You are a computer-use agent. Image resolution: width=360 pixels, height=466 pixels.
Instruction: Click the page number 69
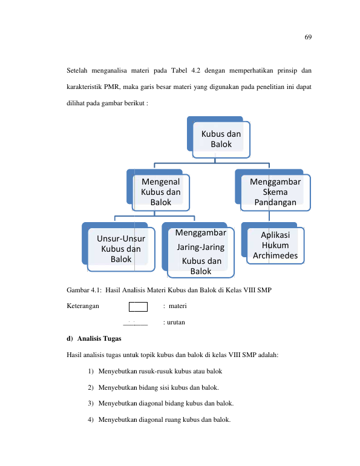point(308,37)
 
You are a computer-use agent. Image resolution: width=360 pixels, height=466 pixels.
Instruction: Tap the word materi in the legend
point(178,306)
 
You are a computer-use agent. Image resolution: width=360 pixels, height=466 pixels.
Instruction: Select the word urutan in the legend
point(176,323)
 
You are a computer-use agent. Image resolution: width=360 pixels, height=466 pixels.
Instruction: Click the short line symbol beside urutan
point(136,325)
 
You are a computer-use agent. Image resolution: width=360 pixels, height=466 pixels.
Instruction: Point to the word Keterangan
point(83,306)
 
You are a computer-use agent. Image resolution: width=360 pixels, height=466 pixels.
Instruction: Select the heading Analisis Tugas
point(99,338)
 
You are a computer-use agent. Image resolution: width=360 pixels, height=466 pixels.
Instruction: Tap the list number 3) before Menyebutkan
point(91,403)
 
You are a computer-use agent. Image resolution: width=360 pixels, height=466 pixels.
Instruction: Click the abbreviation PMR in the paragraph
point(111,87)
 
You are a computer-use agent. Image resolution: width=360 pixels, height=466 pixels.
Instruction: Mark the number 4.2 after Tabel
point(196,70)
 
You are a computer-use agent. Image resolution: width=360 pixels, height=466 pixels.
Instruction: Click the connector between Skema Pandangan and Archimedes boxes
point(269,216)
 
